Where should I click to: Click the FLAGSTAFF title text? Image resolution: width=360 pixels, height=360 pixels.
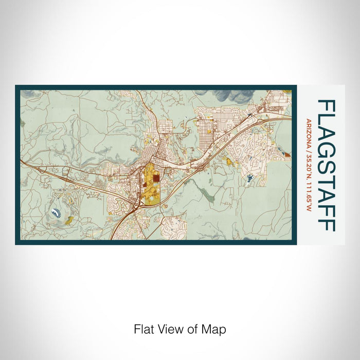327,165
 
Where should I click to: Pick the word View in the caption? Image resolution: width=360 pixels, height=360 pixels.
166,329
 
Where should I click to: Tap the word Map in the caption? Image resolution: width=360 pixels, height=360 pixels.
215,329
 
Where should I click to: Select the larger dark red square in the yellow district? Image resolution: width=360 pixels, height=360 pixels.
155,179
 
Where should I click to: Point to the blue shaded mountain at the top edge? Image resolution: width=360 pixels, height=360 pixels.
234,96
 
